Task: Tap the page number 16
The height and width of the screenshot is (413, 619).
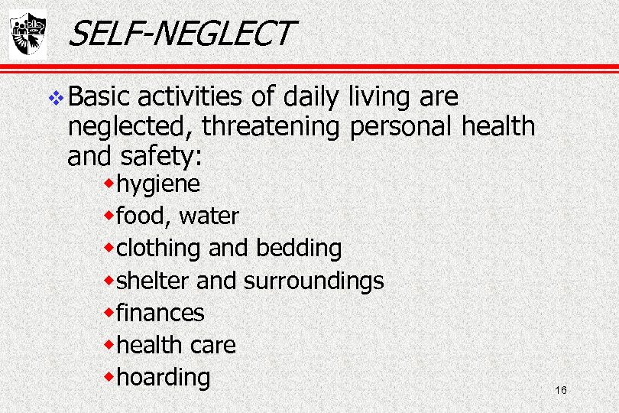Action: pyautogui.click(x=561, y=391)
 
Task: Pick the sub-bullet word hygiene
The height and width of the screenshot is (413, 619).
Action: pyautogui.click(x=158, y=185)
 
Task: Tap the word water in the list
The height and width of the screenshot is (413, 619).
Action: pyautogui.click(x=209, y=216)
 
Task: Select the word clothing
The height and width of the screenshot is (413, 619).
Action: pyautogui.click(x=158, y=249)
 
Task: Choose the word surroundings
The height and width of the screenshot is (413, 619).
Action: pyautogui.click(x=313, y=281)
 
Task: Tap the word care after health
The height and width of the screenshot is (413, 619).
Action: pyautogui.click(x=212, y=345)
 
